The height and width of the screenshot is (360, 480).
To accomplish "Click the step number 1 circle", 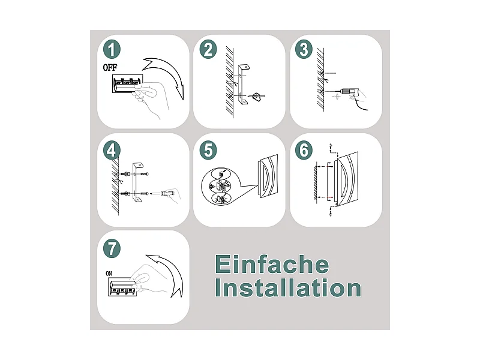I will (x=112, y=50).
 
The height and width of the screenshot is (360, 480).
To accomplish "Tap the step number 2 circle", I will (x=208, y=50).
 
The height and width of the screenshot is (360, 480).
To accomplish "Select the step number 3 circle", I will (x=304, y=50).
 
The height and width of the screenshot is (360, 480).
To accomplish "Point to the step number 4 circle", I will (x=112, y=149).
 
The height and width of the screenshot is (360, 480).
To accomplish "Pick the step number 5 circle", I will (x=208, y=149).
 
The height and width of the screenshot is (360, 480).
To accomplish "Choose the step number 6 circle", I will (x=304, y=149).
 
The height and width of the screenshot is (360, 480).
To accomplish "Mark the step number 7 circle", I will (x=112, y=247).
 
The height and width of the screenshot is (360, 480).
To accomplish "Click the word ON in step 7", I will (x=109, y=274).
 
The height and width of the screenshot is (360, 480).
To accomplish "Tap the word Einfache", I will (x=272, y=265).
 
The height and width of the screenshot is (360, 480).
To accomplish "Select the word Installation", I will (x=288, y=289).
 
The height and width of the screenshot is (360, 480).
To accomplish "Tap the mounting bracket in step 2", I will (x=244, y=84).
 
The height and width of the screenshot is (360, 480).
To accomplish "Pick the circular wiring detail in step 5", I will (x=221, y=188).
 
